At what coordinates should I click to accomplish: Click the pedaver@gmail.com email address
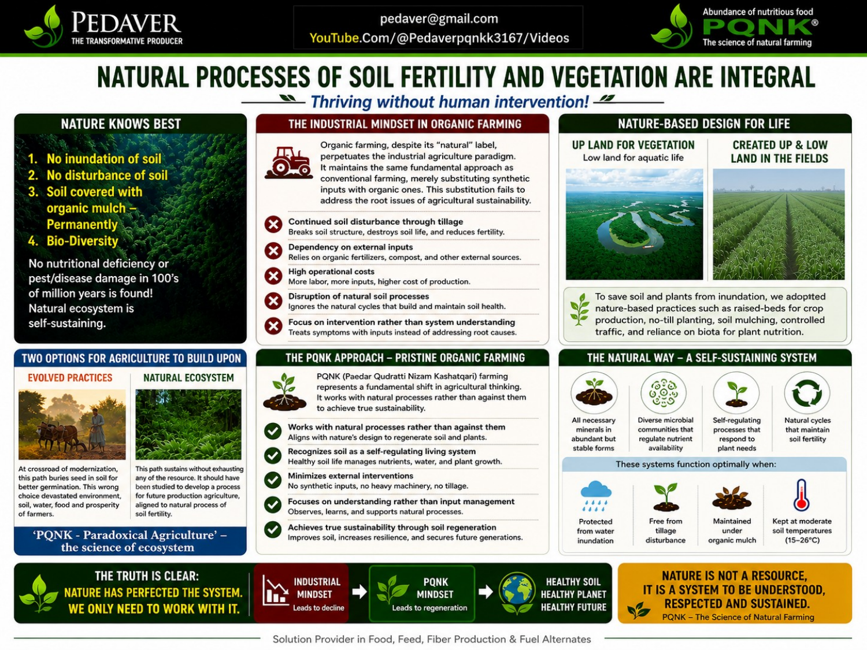click(439, 19)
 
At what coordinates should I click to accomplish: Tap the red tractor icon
click(288, 162)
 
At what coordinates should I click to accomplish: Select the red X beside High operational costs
click(273, 276)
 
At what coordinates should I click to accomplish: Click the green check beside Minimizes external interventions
click(273, 480)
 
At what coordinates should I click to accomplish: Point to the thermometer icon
click(802, 495)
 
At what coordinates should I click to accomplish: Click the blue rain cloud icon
click(596, 496)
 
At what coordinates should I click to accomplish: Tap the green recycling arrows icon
click(807, 393)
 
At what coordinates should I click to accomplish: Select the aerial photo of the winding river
click(634, 224)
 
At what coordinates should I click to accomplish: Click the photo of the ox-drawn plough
click(72, 425)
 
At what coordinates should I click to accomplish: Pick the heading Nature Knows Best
click(121, 124)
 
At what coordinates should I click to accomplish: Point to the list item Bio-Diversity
click(82, 241)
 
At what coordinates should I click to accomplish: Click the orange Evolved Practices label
click(70, 378)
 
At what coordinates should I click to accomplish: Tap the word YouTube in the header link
click(334, 38)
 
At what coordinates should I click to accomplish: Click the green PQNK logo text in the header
click(758, 27)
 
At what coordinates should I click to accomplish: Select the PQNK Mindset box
click(422, 593)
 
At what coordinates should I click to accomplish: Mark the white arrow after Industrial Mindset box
click(359, 592)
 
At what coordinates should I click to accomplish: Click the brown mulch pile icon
click(732, 498)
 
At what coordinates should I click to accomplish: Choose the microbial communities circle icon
click(664, 393)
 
